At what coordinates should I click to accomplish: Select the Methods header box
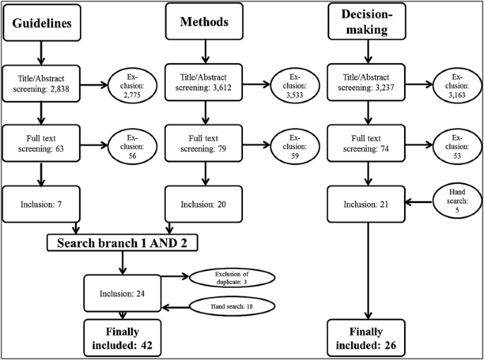pyautogui.click(x=203, y=21)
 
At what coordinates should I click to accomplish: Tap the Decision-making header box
pyautogui.click(x=366, y=21)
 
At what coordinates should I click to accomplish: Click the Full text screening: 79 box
pyautogui.click(x=203, y=143)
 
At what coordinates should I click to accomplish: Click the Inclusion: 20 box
pyautogui.click(x=203, y=204)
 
